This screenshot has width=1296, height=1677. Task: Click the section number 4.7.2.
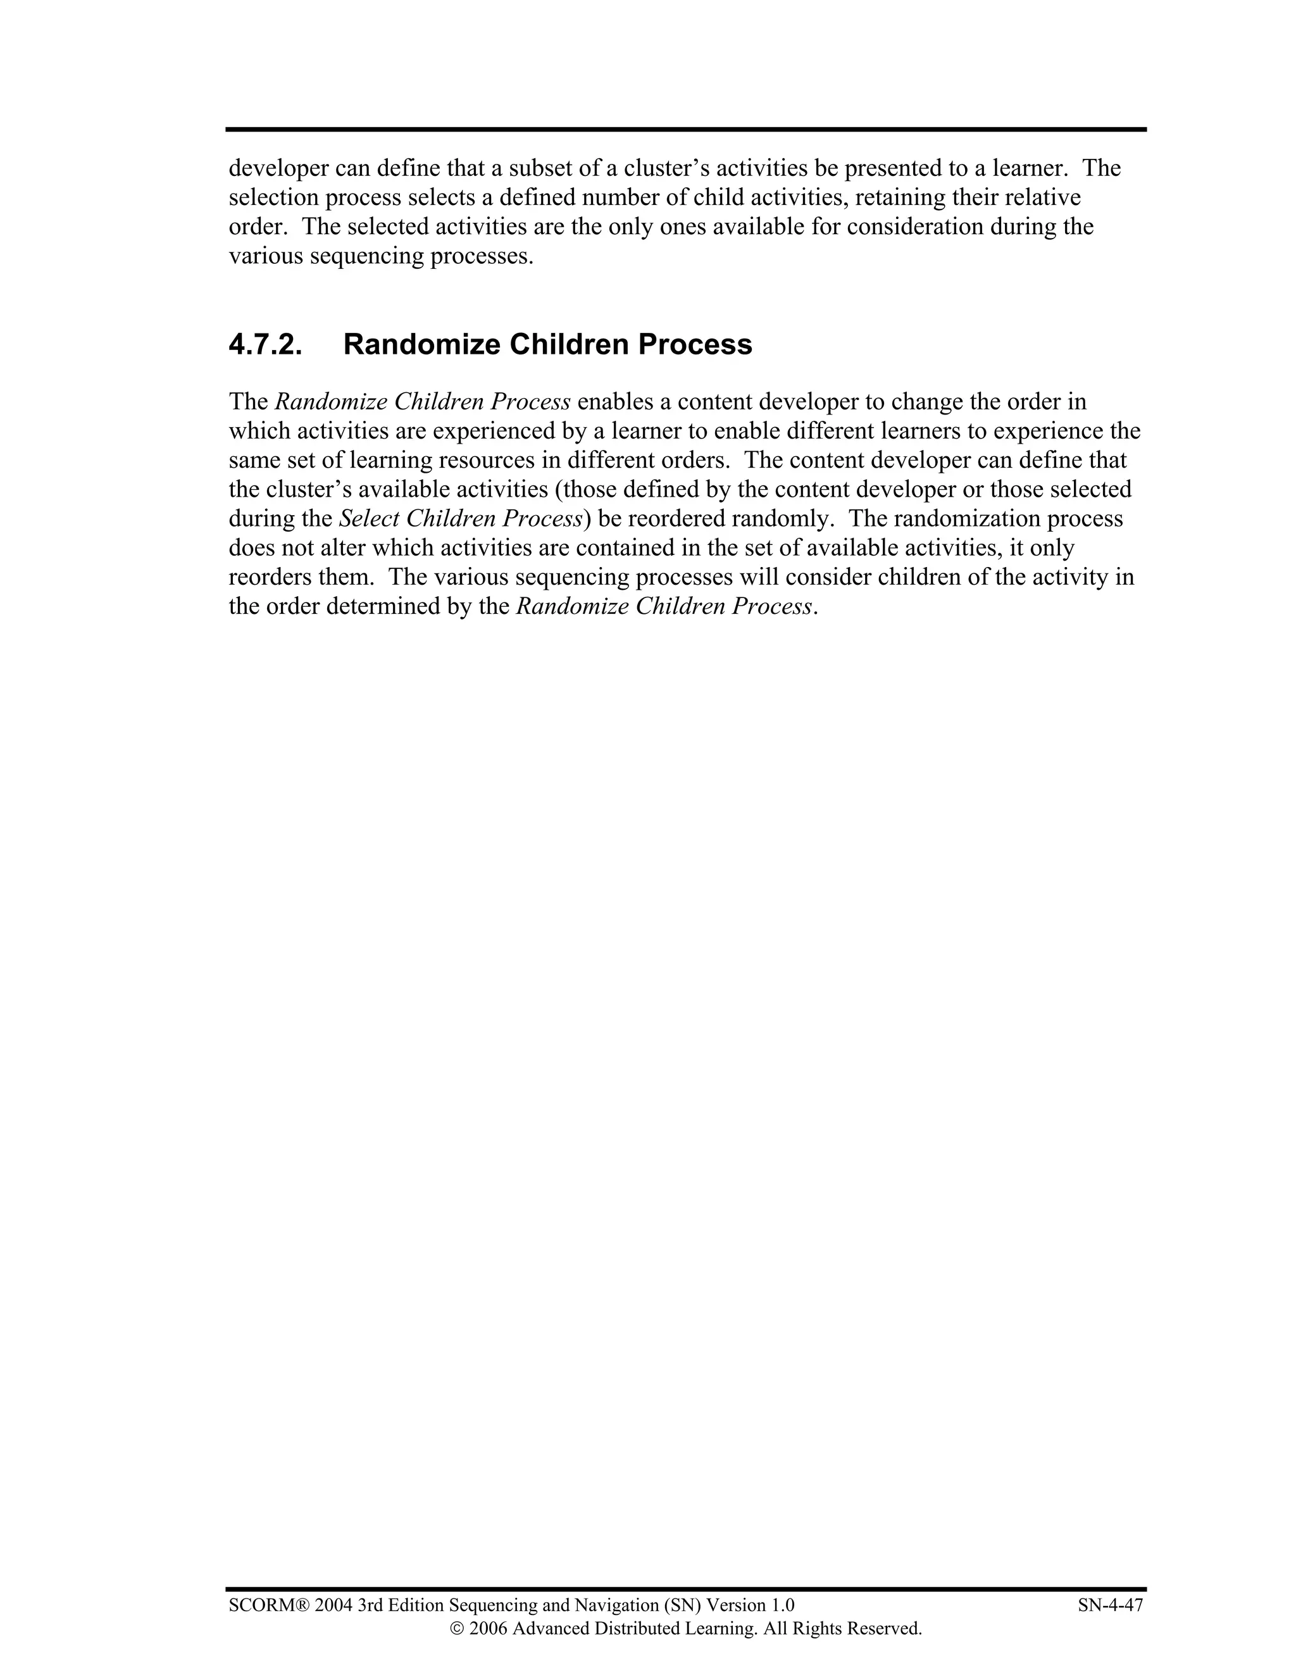tap(265, 345)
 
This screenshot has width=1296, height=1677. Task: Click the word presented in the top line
tap(894, 168)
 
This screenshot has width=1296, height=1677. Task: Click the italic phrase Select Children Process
tap(461, 518)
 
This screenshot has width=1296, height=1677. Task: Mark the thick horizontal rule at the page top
tap(685, 130)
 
